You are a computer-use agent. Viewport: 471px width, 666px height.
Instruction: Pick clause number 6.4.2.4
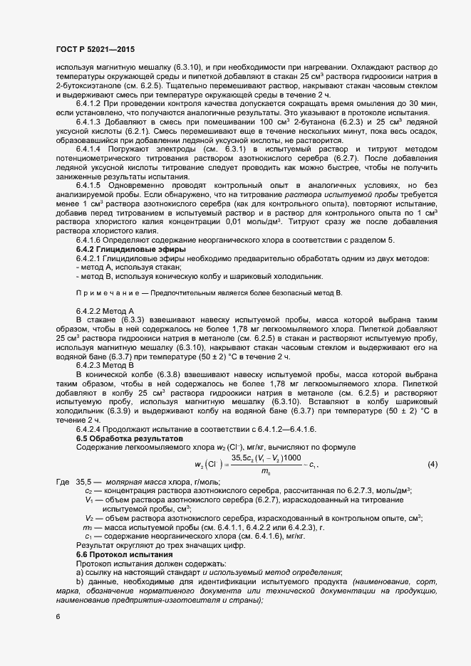pyautogui.click(x=90, y=429)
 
